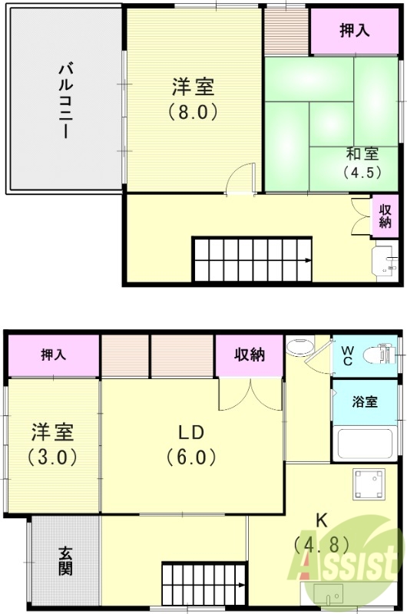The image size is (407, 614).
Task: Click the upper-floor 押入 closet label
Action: pyautogui.click(x=356, y=31)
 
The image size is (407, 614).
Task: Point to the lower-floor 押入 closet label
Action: pyautogui.click(x=53, y=355)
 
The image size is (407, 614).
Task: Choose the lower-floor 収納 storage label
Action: pyautogui.click(x=250, y=355)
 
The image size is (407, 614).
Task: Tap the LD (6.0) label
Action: pyautogui.click(x=191, y=443)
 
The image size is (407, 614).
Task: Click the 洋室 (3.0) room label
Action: pyautogui.click(x=52, y=443)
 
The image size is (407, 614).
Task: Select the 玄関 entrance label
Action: pyautogui.click(x=66, y=561)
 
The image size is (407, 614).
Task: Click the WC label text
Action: pyautogui.click(x=346, y=355)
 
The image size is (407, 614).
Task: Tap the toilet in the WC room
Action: pyautogui.click(x=379, y=355)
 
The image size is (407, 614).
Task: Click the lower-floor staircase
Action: pyautogui.click(x=203, y=584)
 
